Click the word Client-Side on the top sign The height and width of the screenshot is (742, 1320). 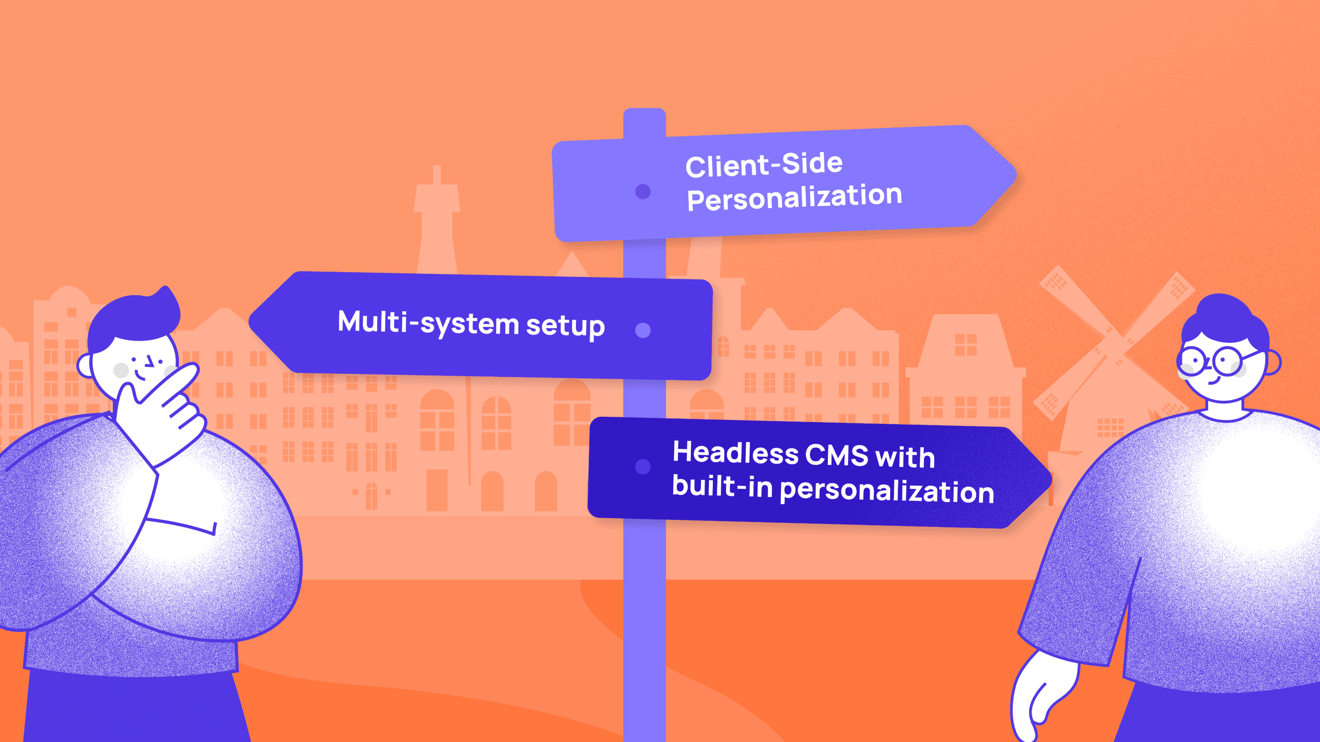tap(764, 165)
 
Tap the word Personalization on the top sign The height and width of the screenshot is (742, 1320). tap(794, 197)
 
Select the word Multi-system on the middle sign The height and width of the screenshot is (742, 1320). tap(428, 323)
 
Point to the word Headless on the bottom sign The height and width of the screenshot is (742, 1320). tap(735, 453)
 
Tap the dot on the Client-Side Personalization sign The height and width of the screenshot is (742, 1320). tap(643, 192)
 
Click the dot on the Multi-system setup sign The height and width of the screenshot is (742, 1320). tap(643, 330)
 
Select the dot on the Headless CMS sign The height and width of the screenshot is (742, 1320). tap(643, 467)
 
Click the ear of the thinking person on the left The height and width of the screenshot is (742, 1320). tap(85, 366)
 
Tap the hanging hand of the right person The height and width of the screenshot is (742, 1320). tap(1040, 696)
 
